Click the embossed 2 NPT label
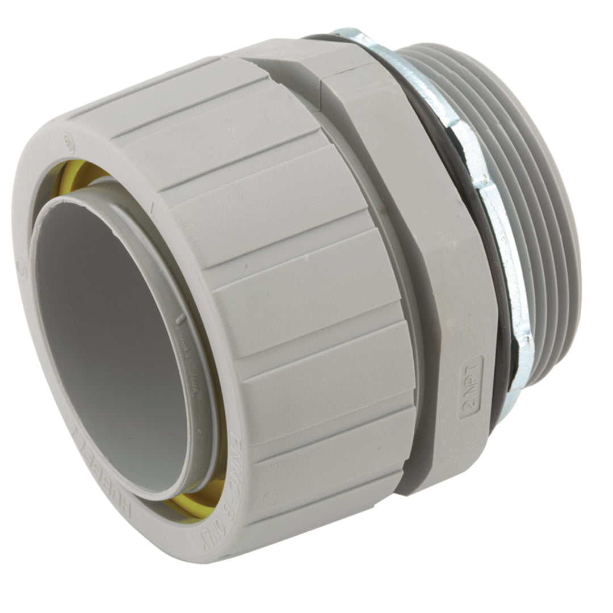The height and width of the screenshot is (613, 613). pyautogui.click(x=470, y=387)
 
